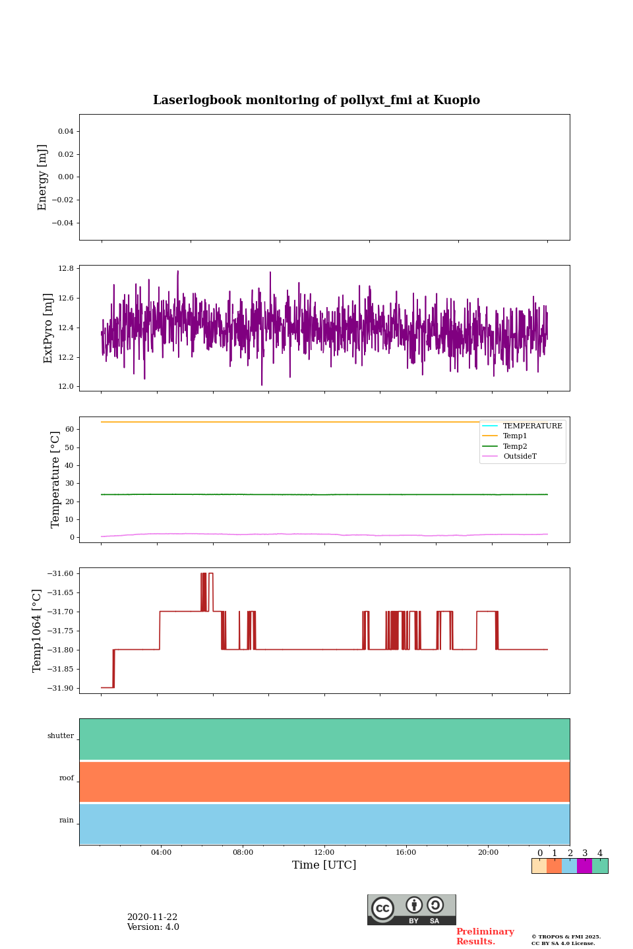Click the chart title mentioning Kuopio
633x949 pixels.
click(316, 100)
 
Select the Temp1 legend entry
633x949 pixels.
click(515, 436)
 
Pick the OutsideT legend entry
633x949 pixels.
click(520, 457)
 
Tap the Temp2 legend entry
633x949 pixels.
click(515, 446)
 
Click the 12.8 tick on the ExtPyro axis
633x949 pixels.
click(66, 269)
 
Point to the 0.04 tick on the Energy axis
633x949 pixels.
click(65, 132)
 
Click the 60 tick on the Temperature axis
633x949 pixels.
click(69, 430)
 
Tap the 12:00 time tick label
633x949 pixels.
click(324, 853)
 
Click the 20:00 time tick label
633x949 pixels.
click(488, 853)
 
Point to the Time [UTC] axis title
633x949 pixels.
click(324, 865)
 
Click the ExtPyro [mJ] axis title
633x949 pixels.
click(48, 328)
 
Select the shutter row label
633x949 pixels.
click(61, 736)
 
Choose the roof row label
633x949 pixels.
click(67, 778)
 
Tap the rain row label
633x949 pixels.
click(67, 820)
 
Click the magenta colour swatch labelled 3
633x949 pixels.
click(584, 866)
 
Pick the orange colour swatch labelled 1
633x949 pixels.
click(554, 866)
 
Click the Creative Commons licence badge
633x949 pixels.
click(411, 909)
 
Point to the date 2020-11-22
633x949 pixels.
click(152, 917)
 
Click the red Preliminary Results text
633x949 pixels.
click(485, 936)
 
